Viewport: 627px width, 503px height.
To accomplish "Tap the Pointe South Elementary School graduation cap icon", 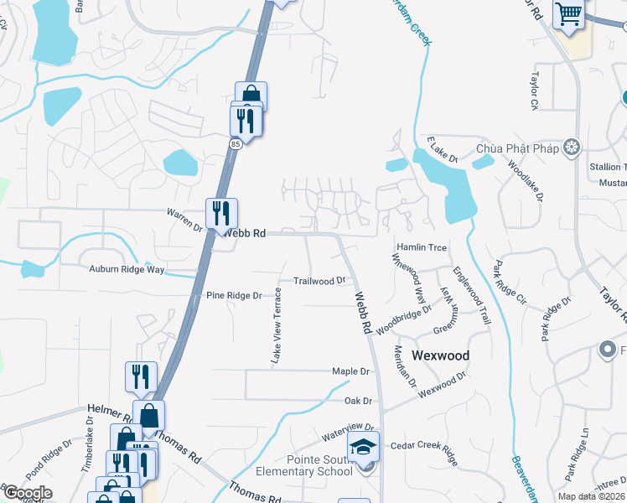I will tap(364, 446).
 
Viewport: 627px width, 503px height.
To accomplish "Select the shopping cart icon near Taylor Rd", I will tap(569, 14).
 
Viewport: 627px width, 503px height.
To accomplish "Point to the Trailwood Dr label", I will tap(319, 281).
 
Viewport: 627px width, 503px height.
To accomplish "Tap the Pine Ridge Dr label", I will tap(234, 296).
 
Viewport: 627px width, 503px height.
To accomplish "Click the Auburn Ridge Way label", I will tap(127, 269).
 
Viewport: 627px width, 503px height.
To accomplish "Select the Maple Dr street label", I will tap(350, 371).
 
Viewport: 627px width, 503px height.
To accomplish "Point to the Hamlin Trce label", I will tap(422, 248).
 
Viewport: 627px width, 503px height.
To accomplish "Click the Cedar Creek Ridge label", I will tap(426, 452).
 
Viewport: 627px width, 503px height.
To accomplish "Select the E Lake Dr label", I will tap(442, 151).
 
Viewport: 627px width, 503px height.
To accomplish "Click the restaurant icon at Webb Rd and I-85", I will tap(221, 213).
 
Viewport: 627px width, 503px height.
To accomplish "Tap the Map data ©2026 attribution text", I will tap(590, 496).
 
